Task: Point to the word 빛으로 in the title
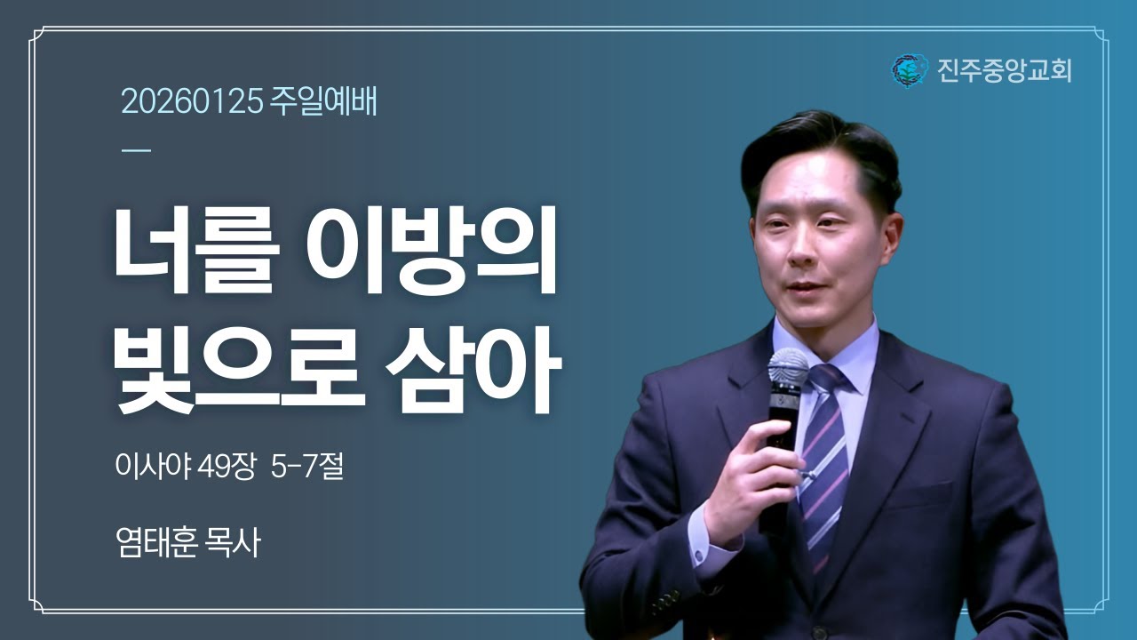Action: pos(239,370)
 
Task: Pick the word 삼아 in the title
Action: pos(472,370)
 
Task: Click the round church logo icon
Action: pos(909,69)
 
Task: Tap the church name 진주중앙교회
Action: pos(1005,69)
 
